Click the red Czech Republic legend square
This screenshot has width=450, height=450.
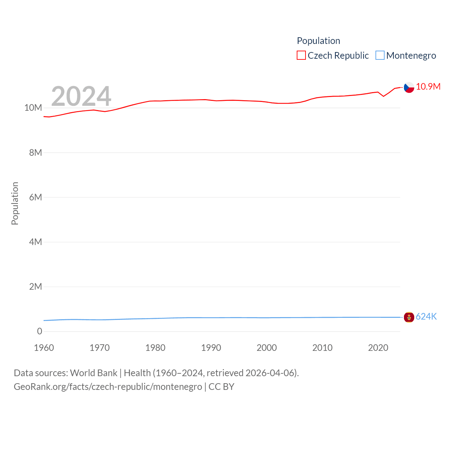(x=301, y=56)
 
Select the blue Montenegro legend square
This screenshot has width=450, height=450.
(x=380, y=56)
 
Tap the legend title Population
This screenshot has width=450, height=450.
(x=319, y=41)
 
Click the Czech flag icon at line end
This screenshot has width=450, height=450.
(x=409, y=87)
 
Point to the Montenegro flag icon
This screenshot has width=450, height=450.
(x=409, y=317)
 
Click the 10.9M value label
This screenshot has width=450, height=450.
(x=428, y=86)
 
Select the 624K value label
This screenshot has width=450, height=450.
(x=426, y=316)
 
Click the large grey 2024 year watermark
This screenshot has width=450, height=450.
(x=81, y=96)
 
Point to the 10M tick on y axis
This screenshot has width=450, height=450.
(x=33, y=108)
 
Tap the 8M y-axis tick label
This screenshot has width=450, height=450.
(x=36, y=153)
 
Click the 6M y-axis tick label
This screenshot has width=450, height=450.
(x=36, y=197)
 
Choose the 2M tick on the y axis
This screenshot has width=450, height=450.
(x=36, y=287)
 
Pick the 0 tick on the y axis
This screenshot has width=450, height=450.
(x=39, y=331)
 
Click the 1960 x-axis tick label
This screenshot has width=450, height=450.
(x=44, y=348)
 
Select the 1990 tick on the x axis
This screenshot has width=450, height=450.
(x=211, y=348)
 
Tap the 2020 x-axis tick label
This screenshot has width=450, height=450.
(x=378, y=348)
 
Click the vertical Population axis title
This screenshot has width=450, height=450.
(x=15, y=203)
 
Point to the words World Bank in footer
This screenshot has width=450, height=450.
(x=94, y=373)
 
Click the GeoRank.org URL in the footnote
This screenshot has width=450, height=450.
(x=108, y=387)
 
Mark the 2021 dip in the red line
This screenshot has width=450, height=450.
(x=384, y=96)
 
